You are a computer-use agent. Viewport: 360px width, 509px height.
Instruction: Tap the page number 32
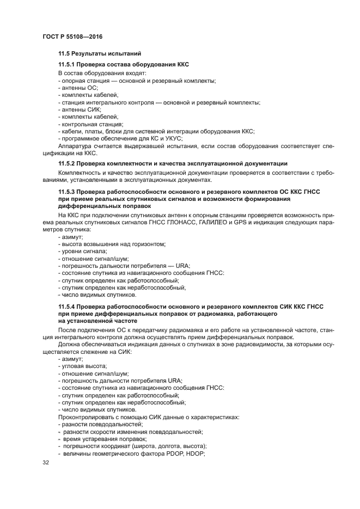46,463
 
